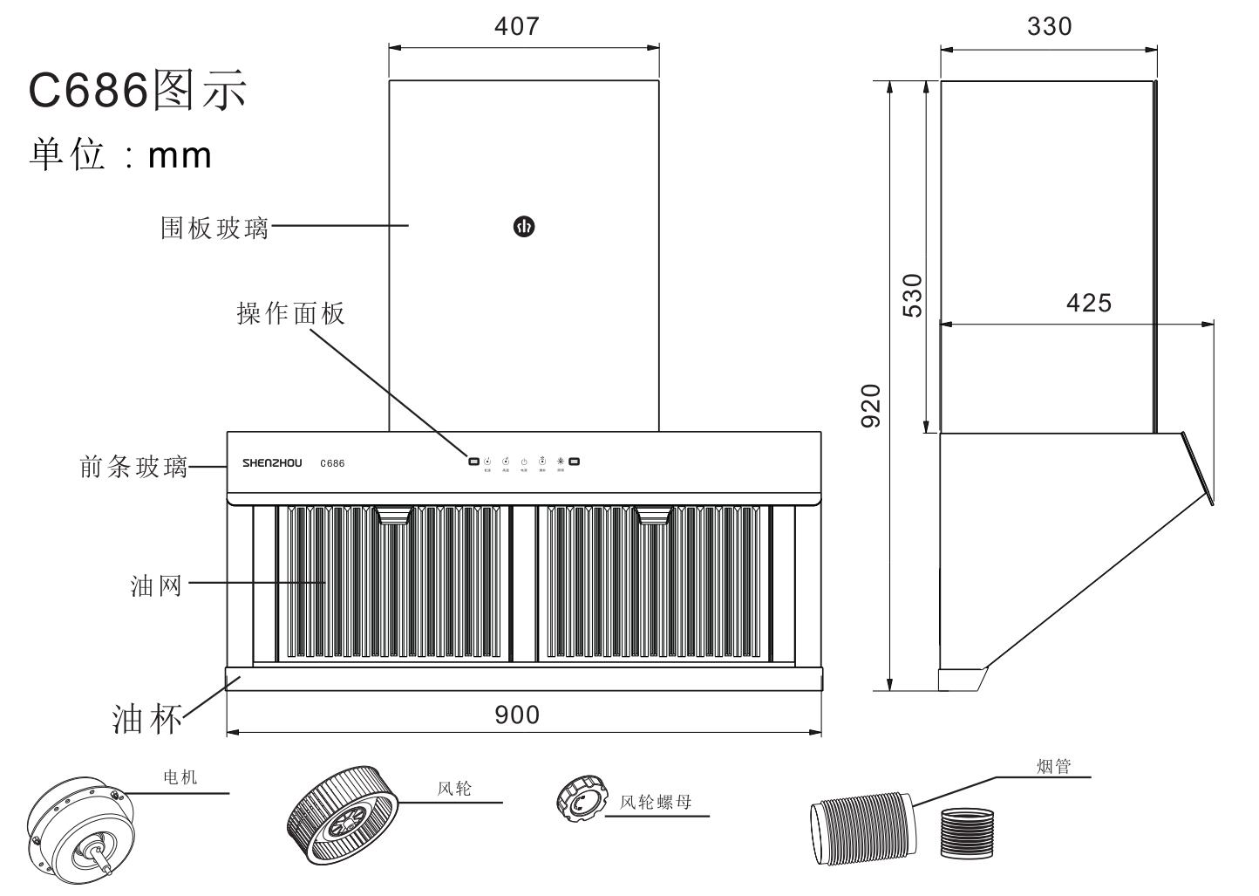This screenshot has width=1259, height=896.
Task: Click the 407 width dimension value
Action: pyautogui.click(x=516, y=26)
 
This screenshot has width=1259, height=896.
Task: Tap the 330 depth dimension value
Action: pyautogui.click(x=1049, y=26)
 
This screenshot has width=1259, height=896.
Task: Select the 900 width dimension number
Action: pyautogui.click(x=517, y=715)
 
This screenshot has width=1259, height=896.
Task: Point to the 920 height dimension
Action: pyautogui.click(x=871, y=406)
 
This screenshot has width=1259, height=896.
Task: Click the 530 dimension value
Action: pyautogui.click(x=911, y=295)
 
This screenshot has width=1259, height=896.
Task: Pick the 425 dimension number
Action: pyautogui.click(x=1089, y=303)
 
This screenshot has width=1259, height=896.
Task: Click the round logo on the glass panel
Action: pyautogui.click(x=523, y=227)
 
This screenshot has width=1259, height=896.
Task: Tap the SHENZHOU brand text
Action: pyautogui.click(x=272, y=463)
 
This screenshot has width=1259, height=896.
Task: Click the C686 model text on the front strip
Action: pyautogui.click(x=332, y=463)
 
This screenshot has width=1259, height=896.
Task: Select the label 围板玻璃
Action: pyautogui.click(x=214, y=228)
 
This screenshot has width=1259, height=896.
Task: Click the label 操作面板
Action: pyautogui.click(x=291, y=313)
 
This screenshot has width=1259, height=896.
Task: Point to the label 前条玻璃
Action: pyautogui.click(x=133, y=468)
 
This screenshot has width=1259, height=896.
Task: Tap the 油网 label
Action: pyautogui.click(x=156, y=585)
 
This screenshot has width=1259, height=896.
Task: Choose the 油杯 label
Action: pyautogui.click(x=147, y=718)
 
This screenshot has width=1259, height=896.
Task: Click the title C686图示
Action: pyautogui.click(x=138, y=90)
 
